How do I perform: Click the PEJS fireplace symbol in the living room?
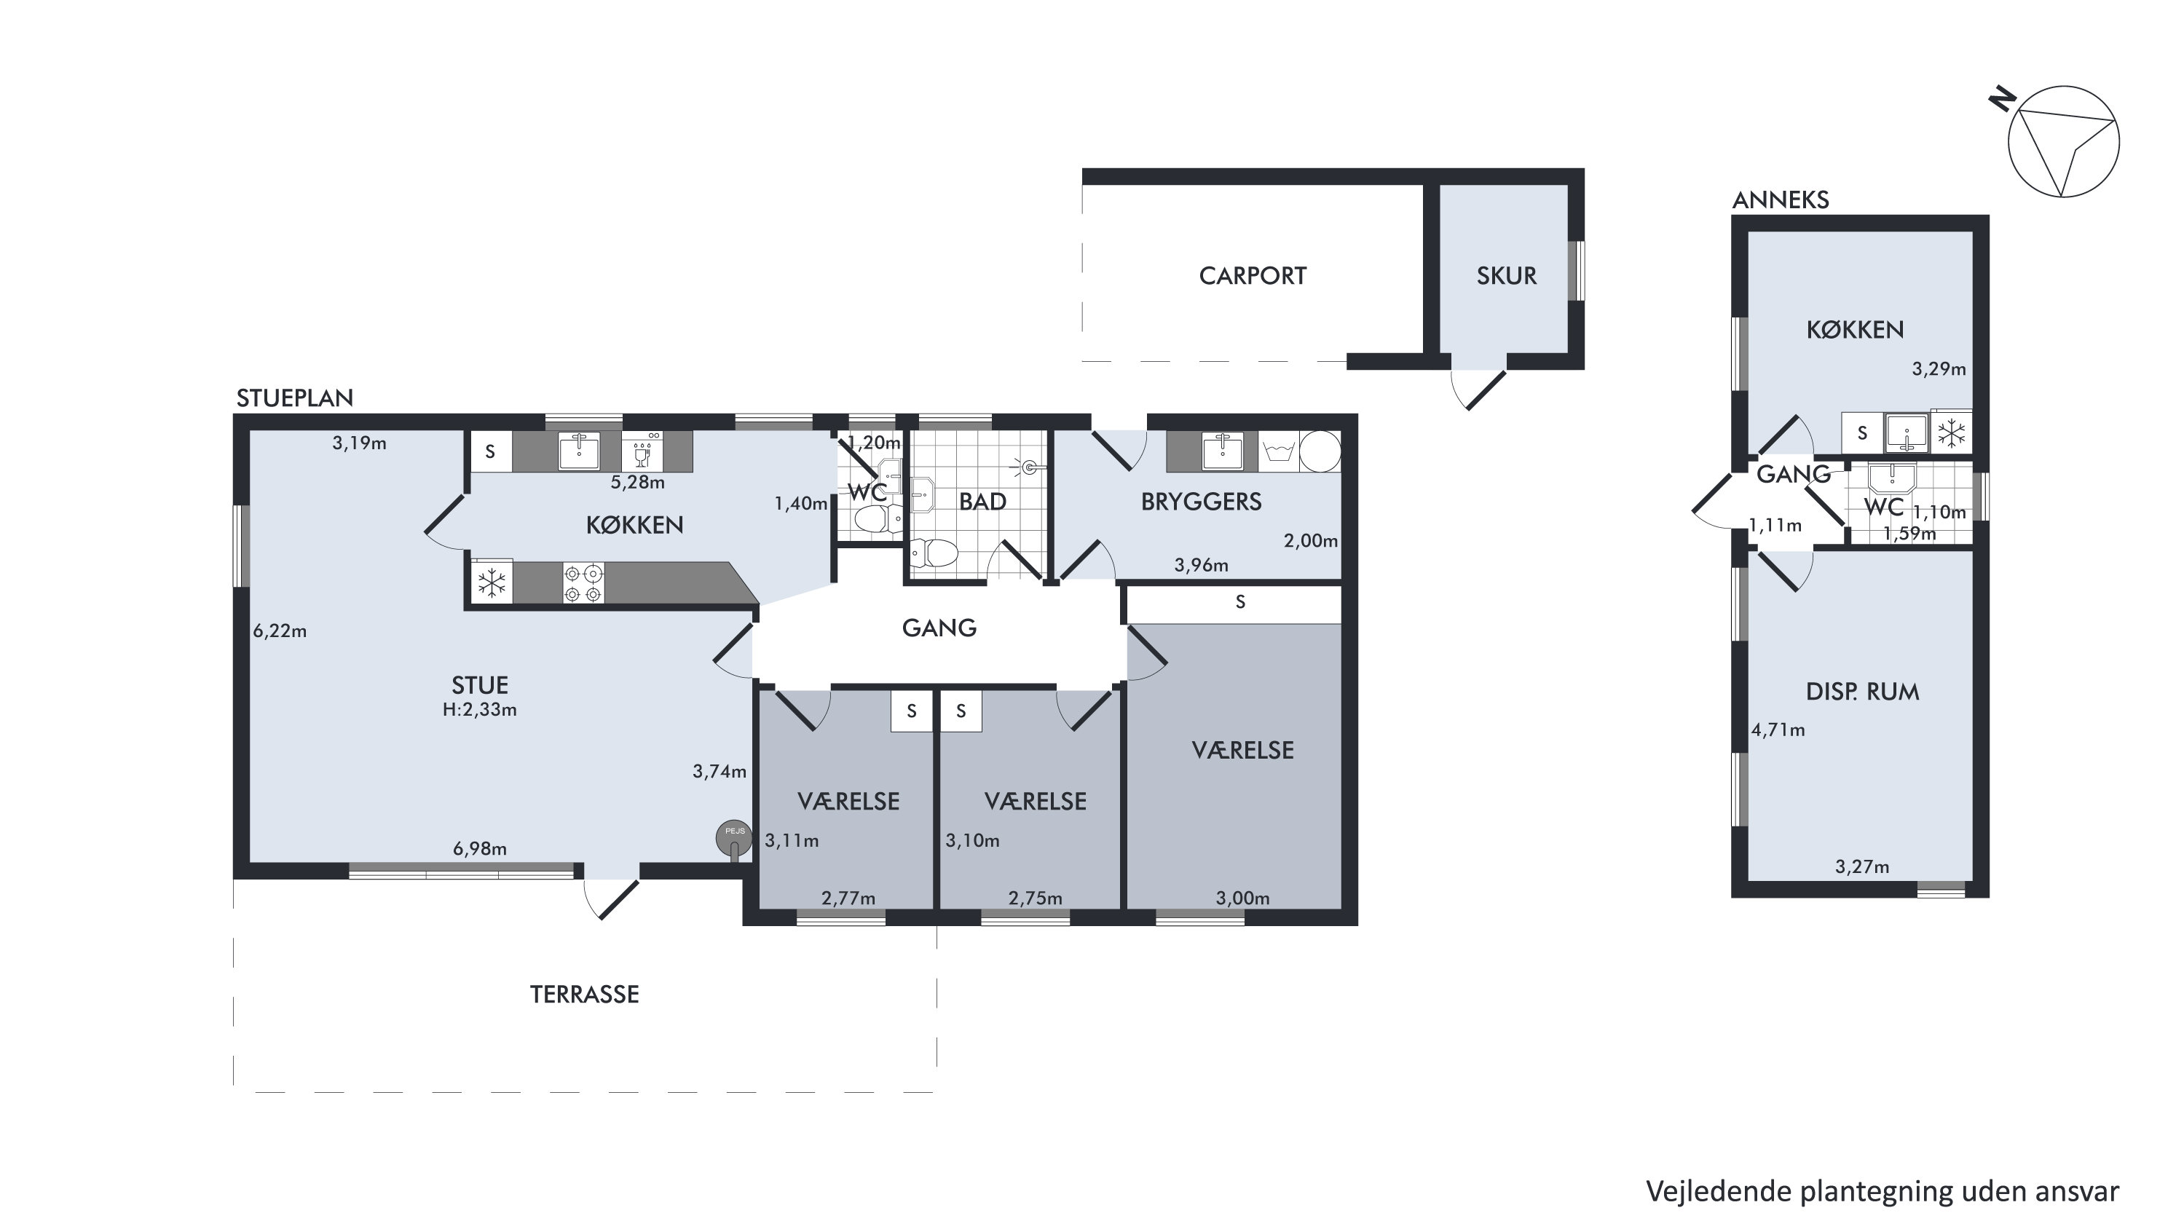point(733,838)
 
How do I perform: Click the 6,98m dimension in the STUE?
point(480,848)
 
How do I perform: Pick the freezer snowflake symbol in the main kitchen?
point(492,582)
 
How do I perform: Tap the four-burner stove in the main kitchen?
point(583,583)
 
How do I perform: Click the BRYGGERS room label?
point(1201,502)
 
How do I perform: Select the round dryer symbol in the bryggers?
point(1320,451)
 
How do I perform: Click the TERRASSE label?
point(584,995)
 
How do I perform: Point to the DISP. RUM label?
point(1862,692)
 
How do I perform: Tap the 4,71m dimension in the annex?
point(1778,730)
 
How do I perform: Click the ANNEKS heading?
point(1781,200)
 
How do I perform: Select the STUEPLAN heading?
point(294,398)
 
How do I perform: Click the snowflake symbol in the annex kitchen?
point(1952,433)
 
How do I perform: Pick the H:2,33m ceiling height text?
point(480,709)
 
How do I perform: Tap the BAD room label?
point(982,502)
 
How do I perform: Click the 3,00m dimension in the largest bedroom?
point(1243,898)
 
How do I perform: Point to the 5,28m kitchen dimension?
point(637,482)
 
